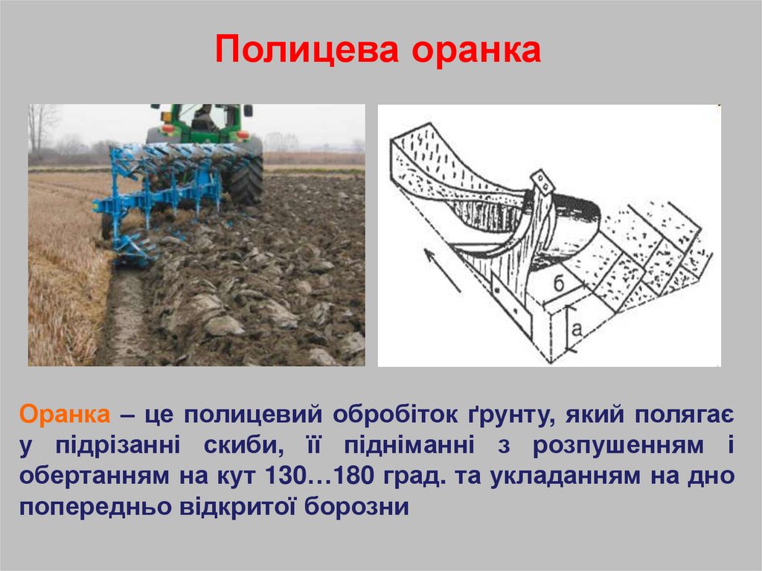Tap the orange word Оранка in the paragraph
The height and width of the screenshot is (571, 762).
pyautogui.click(x=65, y=413)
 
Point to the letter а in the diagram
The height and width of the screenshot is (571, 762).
pyautogui.click(x=578, y=328)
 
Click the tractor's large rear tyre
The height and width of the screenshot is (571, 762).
pyautogui.click(x=245, y=179)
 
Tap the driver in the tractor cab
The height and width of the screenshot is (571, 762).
pyautogui.click(x=202, y=119)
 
